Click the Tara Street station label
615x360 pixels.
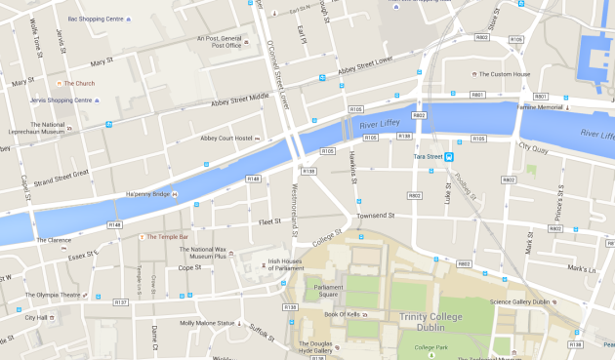pos(428,156)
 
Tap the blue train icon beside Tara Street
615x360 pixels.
pos(450,156)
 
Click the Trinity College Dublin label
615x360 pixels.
pos(434,321)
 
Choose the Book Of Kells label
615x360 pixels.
pos(344,314)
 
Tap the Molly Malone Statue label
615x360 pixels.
pos(207,323)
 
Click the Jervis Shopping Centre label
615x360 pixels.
pos(63,100)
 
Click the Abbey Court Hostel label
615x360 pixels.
pos(226,139)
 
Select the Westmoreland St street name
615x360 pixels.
pos(295,207)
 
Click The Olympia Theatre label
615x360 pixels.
pos(53,295)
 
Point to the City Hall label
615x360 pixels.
pos(36,317)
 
